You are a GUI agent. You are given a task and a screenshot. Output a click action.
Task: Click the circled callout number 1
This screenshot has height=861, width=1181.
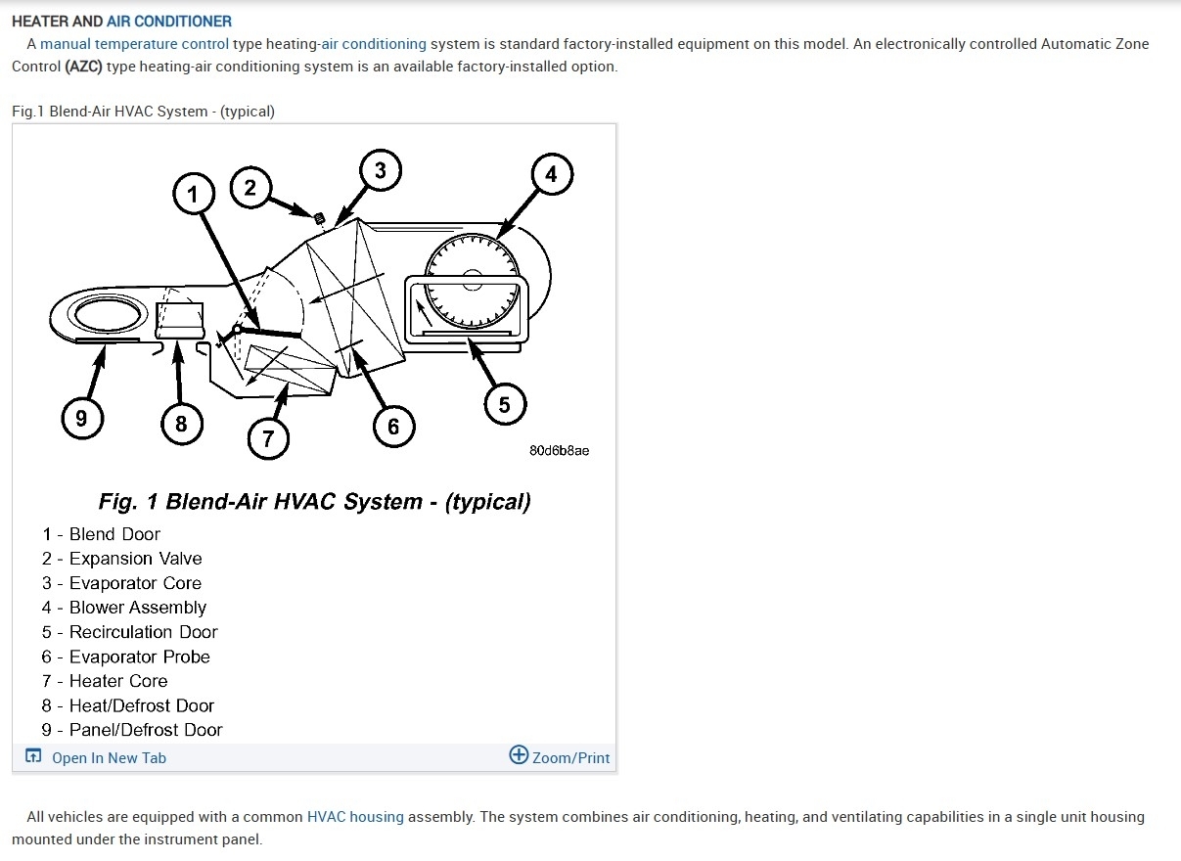193,195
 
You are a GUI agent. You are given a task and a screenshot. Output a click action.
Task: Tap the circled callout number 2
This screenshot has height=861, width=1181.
250,187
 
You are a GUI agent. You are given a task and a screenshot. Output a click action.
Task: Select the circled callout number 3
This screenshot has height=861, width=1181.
380,170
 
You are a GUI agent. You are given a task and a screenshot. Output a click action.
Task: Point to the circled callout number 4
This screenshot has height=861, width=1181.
551,174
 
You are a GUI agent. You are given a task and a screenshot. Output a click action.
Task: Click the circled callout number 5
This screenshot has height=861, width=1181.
504,404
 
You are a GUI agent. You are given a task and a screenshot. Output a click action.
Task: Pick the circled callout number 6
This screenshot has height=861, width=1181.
393,426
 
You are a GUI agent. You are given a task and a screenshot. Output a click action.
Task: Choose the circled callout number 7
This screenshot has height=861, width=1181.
268,438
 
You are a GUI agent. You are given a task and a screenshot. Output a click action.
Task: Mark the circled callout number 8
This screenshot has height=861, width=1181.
181,424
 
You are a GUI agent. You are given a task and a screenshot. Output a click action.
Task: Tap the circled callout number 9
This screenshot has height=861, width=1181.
81,420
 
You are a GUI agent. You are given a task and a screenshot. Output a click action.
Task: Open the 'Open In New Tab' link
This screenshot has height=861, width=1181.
109,758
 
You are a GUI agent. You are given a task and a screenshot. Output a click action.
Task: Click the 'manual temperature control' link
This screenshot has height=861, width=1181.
134,44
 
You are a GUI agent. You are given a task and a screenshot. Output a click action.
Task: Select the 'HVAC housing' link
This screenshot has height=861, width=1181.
355,817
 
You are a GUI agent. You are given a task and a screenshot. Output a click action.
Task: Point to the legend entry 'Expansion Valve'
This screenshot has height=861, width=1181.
135,559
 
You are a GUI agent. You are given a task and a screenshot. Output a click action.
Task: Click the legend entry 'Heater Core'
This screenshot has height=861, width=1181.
117,681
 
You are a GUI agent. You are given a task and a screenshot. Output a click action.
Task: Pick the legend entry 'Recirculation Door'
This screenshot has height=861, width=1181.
143,632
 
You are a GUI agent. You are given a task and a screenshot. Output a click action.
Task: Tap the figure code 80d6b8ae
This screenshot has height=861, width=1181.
559,451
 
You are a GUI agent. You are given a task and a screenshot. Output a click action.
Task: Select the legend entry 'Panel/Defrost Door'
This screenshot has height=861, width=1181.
145,730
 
